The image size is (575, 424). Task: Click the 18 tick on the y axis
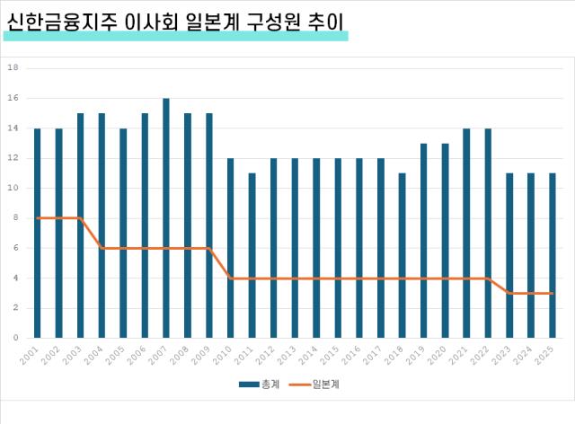[13, 68]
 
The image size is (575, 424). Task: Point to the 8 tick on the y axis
[14, 218]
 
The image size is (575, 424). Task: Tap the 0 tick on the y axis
[14, 338]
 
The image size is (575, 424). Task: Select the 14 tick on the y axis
[13, 128]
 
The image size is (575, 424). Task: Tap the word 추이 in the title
[327, 21]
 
